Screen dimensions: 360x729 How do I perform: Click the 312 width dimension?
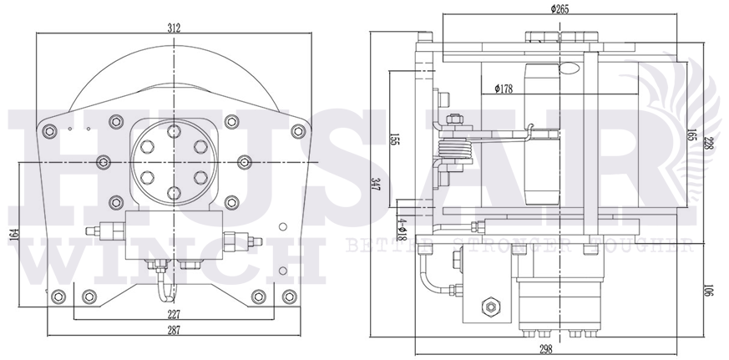(x=174, y=28)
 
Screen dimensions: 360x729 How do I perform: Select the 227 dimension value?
(x=174, y=315)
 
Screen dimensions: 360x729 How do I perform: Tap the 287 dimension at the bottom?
(x=174, y=332)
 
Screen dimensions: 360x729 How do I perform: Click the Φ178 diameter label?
(x=503, y=87)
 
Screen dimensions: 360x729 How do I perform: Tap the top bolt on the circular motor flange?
(x=173, y=131)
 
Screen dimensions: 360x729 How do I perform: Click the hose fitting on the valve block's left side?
(x=96, y=229)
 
